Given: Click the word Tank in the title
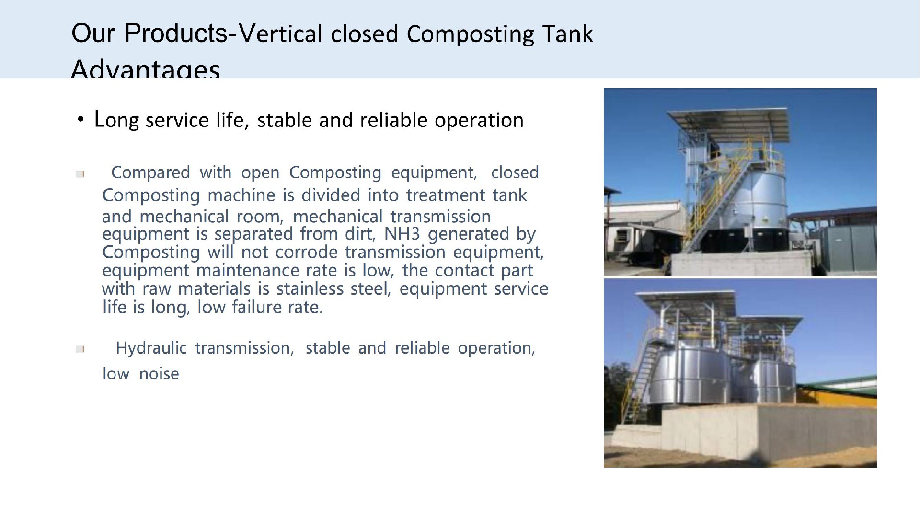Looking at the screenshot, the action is point(567,34).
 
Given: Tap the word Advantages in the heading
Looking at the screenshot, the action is point(146,69).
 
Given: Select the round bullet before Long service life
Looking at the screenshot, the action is point(80,120).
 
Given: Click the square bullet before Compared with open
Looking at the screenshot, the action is point(80,174).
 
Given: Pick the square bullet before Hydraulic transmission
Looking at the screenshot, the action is point(80,349).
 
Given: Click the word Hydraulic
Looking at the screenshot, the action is point(151,348).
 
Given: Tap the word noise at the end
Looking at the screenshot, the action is point(159,374).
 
